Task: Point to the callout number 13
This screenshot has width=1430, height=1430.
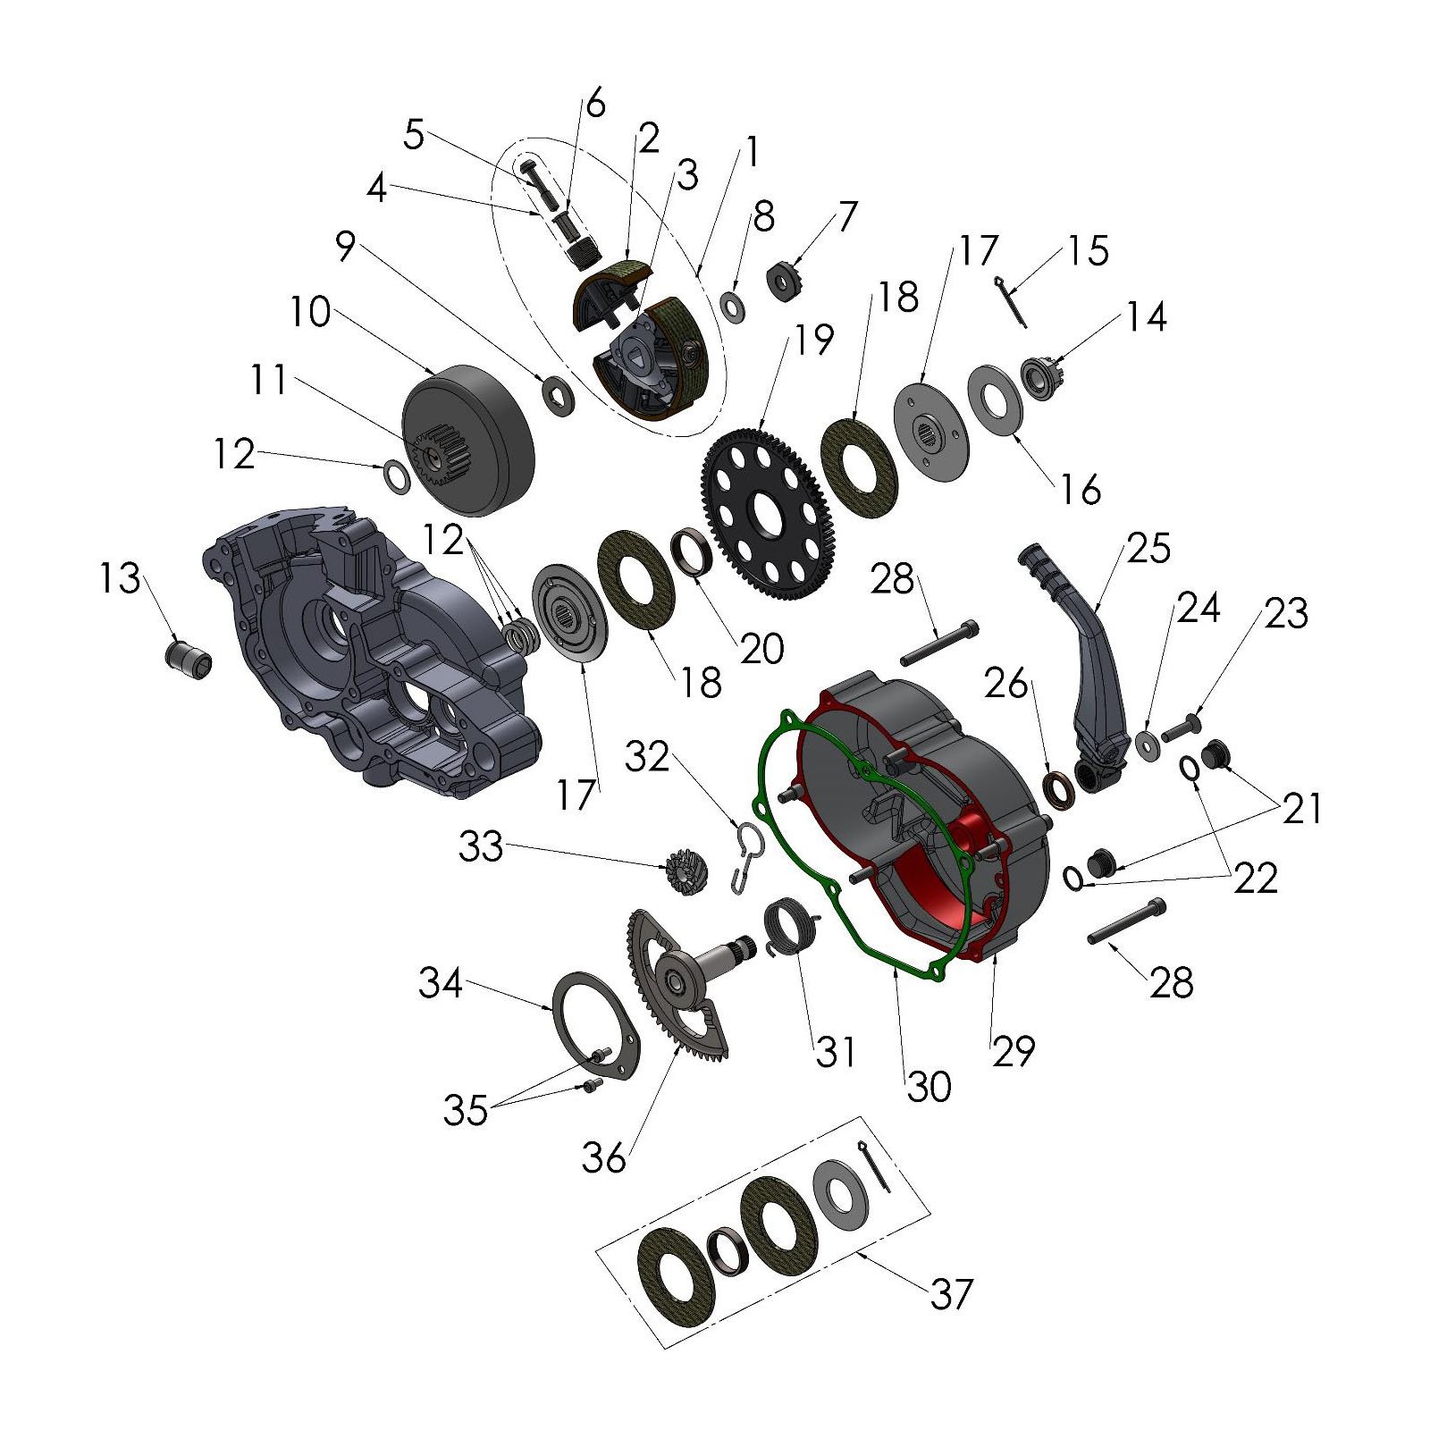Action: (x=120, y=578)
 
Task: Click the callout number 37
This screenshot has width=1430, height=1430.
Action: (x=951, y=1293)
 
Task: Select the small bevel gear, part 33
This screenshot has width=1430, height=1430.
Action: (x=686, y=874)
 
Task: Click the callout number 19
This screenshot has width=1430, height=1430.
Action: (x=814, y=340)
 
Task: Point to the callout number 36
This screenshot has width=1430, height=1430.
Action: (x=604, y=1157)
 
